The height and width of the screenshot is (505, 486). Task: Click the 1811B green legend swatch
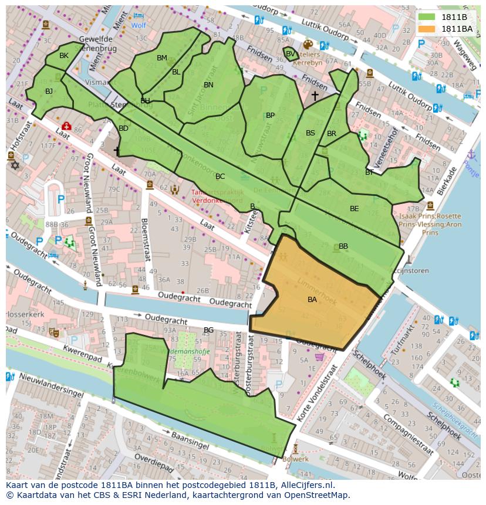427,18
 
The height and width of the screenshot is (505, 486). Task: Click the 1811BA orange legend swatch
427,29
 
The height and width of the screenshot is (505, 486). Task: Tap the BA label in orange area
312,300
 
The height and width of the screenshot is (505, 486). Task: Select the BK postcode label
64,56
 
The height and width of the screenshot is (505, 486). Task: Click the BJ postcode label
49,91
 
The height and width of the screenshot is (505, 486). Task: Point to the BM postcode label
162,57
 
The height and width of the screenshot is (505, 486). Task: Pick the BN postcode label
208,85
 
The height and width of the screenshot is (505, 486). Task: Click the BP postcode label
270,116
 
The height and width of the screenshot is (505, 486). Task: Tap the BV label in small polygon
290,54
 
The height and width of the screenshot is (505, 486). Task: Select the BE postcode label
354,209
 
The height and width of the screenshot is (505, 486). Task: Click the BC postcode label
220,177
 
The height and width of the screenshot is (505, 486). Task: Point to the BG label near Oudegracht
208,330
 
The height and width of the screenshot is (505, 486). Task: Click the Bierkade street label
446,181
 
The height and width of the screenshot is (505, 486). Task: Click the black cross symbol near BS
315,95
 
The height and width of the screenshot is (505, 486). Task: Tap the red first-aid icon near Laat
66,126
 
